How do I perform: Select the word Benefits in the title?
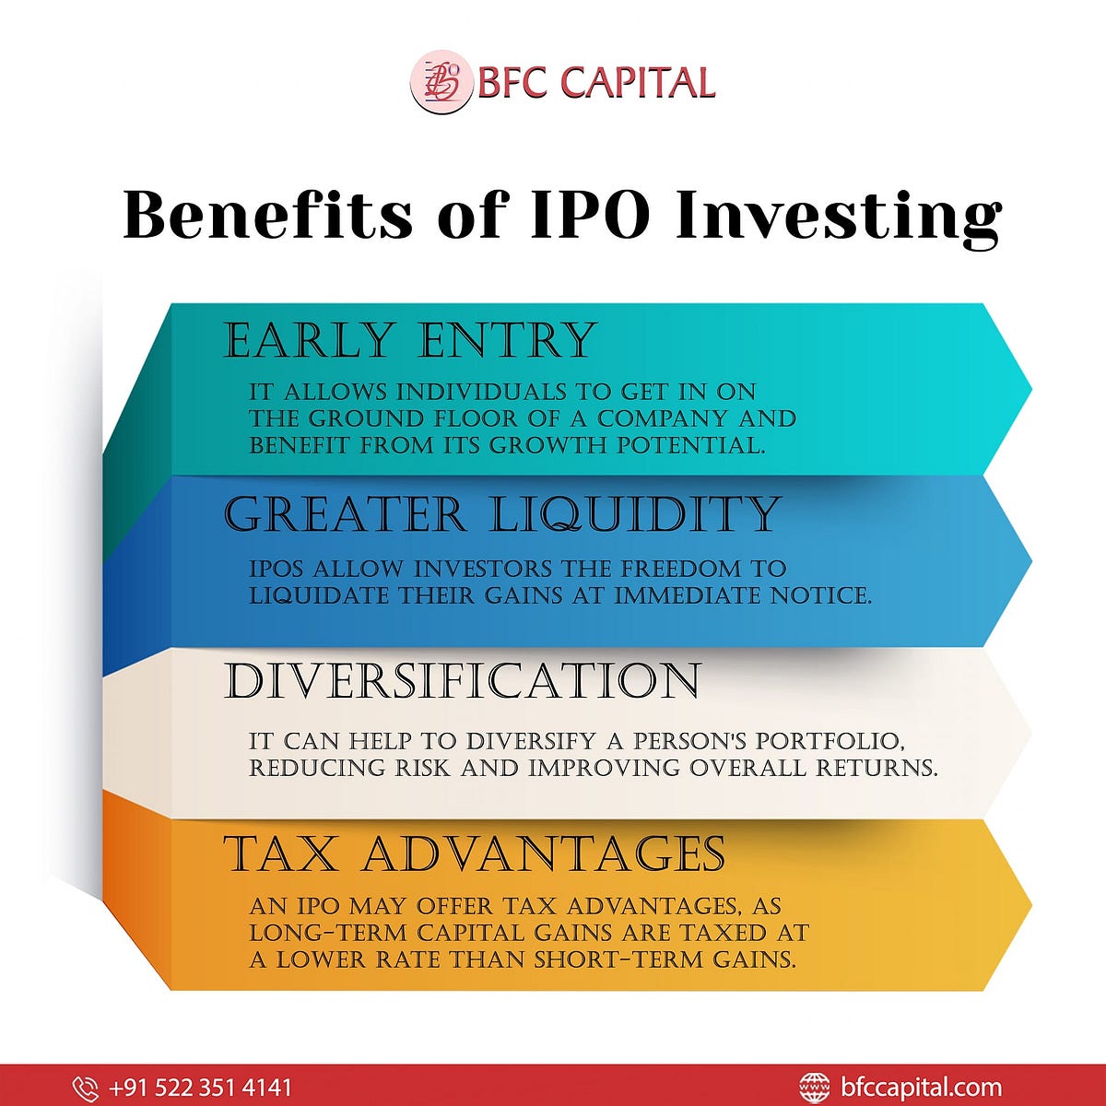pos(268,215)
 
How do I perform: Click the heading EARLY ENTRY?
pos(410,340)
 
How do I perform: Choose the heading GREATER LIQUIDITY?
pos(502,513)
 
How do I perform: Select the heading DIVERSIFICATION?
pos(462,681)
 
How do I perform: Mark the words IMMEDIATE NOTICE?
pos(742,595)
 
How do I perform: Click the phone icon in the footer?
pos(85,1088)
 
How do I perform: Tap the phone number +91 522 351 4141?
pos(200,1088)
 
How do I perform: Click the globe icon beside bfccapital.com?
pos(814,1088)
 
